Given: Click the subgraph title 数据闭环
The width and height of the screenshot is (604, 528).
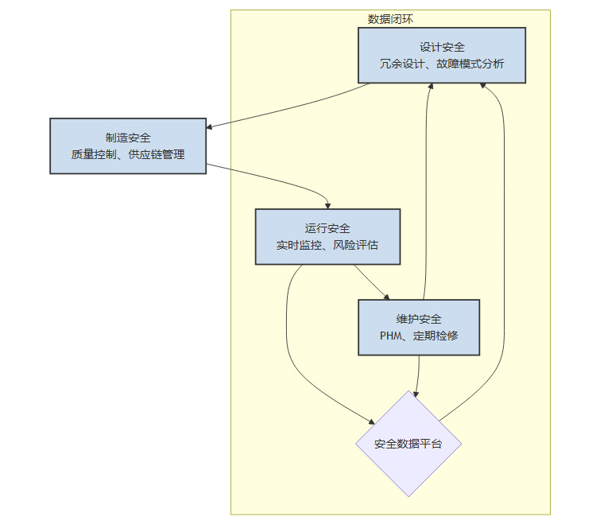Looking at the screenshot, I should pyautogui.click(x=390, y=19).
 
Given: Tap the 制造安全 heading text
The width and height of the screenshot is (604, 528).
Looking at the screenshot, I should pyautogui.click(x=128, y=138).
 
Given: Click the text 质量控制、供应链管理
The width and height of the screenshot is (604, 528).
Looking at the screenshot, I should pyautogui.click(x=128, y=154).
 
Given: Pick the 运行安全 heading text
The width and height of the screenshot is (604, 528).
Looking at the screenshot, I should pyautogui.click(x=327, y=229).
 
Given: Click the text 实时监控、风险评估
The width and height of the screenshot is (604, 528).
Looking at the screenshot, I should pyautogui.click(x=327, y=246).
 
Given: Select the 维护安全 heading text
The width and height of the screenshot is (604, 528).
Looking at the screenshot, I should pyautogui.click(x=419, y=320).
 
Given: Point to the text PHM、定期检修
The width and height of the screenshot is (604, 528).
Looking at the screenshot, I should pyautogui.click(x=419, y=336).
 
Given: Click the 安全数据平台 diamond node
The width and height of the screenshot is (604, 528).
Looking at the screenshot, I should pyautogui.click(x=408, y=444).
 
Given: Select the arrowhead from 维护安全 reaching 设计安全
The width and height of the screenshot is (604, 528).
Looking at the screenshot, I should pyautogui.click(x=431, y=87).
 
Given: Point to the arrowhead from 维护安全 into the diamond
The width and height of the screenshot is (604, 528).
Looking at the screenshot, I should pyautogui.click(x=416, y=393).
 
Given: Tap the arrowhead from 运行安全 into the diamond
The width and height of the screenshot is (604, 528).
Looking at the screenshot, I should pyautogui.click(x=372, y=422).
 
